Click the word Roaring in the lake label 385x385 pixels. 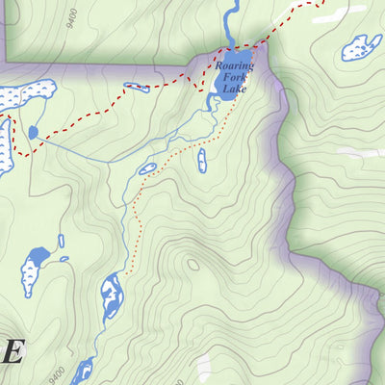pos(235,66)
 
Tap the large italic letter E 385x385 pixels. pos(11,351)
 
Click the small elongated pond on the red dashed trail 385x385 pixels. pos(137,87)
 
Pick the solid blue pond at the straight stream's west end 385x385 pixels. pos(34,132)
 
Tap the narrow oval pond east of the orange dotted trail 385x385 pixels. pos(201,160)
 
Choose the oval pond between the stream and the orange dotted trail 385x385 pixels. pos(147,169)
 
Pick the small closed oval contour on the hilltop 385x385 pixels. pos(193,266)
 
